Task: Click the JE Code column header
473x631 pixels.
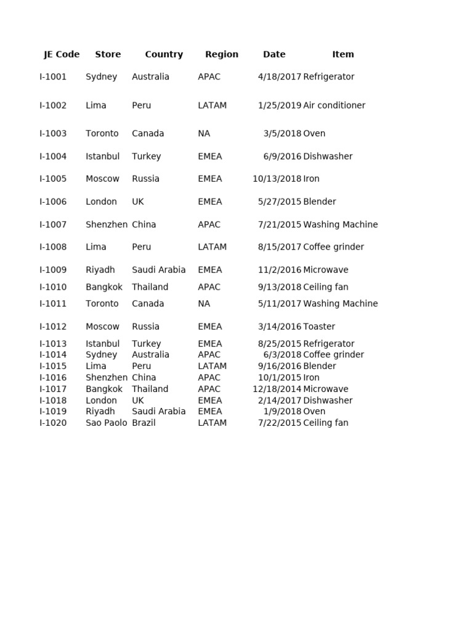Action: (x=62, y=54)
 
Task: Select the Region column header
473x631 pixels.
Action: (x=222, y=54)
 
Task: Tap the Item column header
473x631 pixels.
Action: (x=343, y=54)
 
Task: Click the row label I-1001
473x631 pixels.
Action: (x=53, y=77)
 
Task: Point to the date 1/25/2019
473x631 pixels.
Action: (x=280, y=105)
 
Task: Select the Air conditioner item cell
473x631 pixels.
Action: (x=334, y=105)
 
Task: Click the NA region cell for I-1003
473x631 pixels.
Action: (x=204, y=134)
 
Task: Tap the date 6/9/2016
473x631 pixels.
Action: (x=282, y=157)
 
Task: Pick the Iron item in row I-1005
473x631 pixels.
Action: (x=311, y=179)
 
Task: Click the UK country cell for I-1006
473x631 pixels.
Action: (x=138, y=202)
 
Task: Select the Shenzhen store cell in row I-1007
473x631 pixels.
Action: (x=107, y=225)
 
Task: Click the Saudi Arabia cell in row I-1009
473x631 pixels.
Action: (x=158, y=270)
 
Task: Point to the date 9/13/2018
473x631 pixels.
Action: (x=280, y=287)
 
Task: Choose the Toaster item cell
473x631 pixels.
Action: (x=319, y=327)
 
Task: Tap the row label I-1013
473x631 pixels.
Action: (x=53, y=344)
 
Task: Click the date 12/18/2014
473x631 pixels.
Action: (x=277, y=389)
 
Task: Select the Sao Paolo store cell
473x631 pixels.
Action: (x=107, y=423)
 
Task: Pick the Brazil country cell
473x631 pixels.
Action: (x=144, y=423)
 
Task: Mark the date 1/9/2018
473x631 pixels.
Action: (x=282, y=412)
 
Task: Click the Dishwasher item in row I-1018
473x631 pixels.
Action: (x=328, y=401)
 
